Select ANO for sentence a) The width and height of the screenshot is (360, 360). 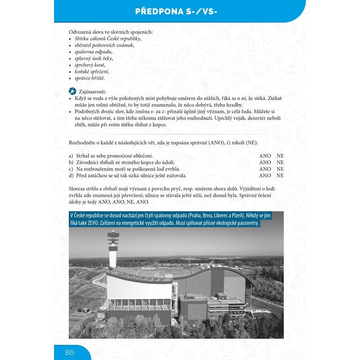[x=265, y=156]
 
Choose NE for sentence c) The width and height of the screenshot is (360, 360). [x=280, y=169]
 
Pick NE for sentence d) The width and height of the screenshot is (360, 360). [x=280, y=175]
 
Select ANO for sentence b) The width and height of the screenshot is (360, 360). [x=265, y=162]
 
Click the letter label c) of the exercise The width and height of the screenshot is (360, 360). [x=71, y=169]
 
